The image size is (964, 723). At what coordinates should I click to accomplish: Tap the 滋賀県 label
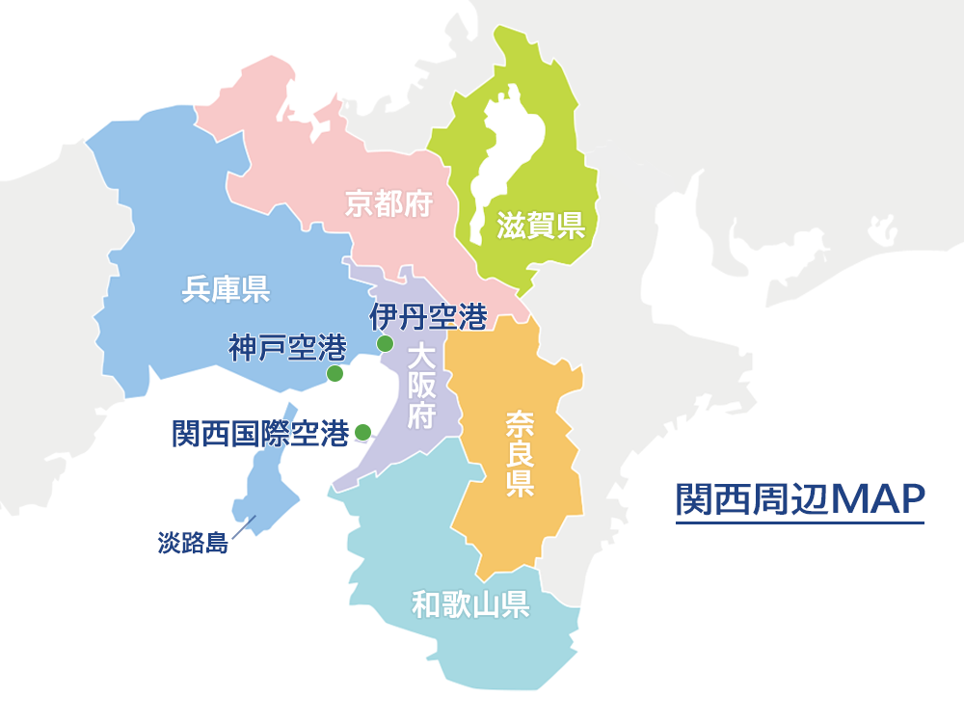[541, 227]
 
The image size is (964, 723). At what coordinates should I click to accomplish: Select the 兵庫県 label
[226, 288]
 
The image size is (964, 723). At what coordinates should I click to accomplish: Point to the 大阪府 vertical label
[420, 387]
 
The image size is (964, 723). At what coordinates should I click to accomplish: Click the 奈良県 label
[520, 454]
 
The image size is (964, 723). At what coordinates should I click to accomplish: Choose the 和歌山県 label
[469, 605]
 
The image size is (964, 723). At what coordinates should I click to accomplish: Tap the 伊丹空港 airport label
[428, 316]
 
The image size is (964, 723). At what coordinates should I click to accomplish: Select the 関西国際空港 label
[260, 434]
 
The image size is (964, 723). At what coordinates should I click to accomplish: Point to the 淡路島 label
[193, 543]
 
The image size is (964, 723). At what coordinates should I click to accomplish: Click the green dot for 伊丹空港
[385, 343]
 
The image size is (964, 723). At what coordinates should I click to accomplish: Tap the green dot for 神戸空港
[335, 373]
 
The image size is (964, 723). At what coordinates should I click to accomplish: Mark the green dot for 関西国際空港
[362, 432]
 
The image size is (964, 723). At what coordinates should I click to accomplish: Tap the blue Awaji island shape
[265, 482]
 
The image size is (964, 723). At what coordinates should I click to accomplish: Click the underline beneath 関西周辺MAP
[800, 523]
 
